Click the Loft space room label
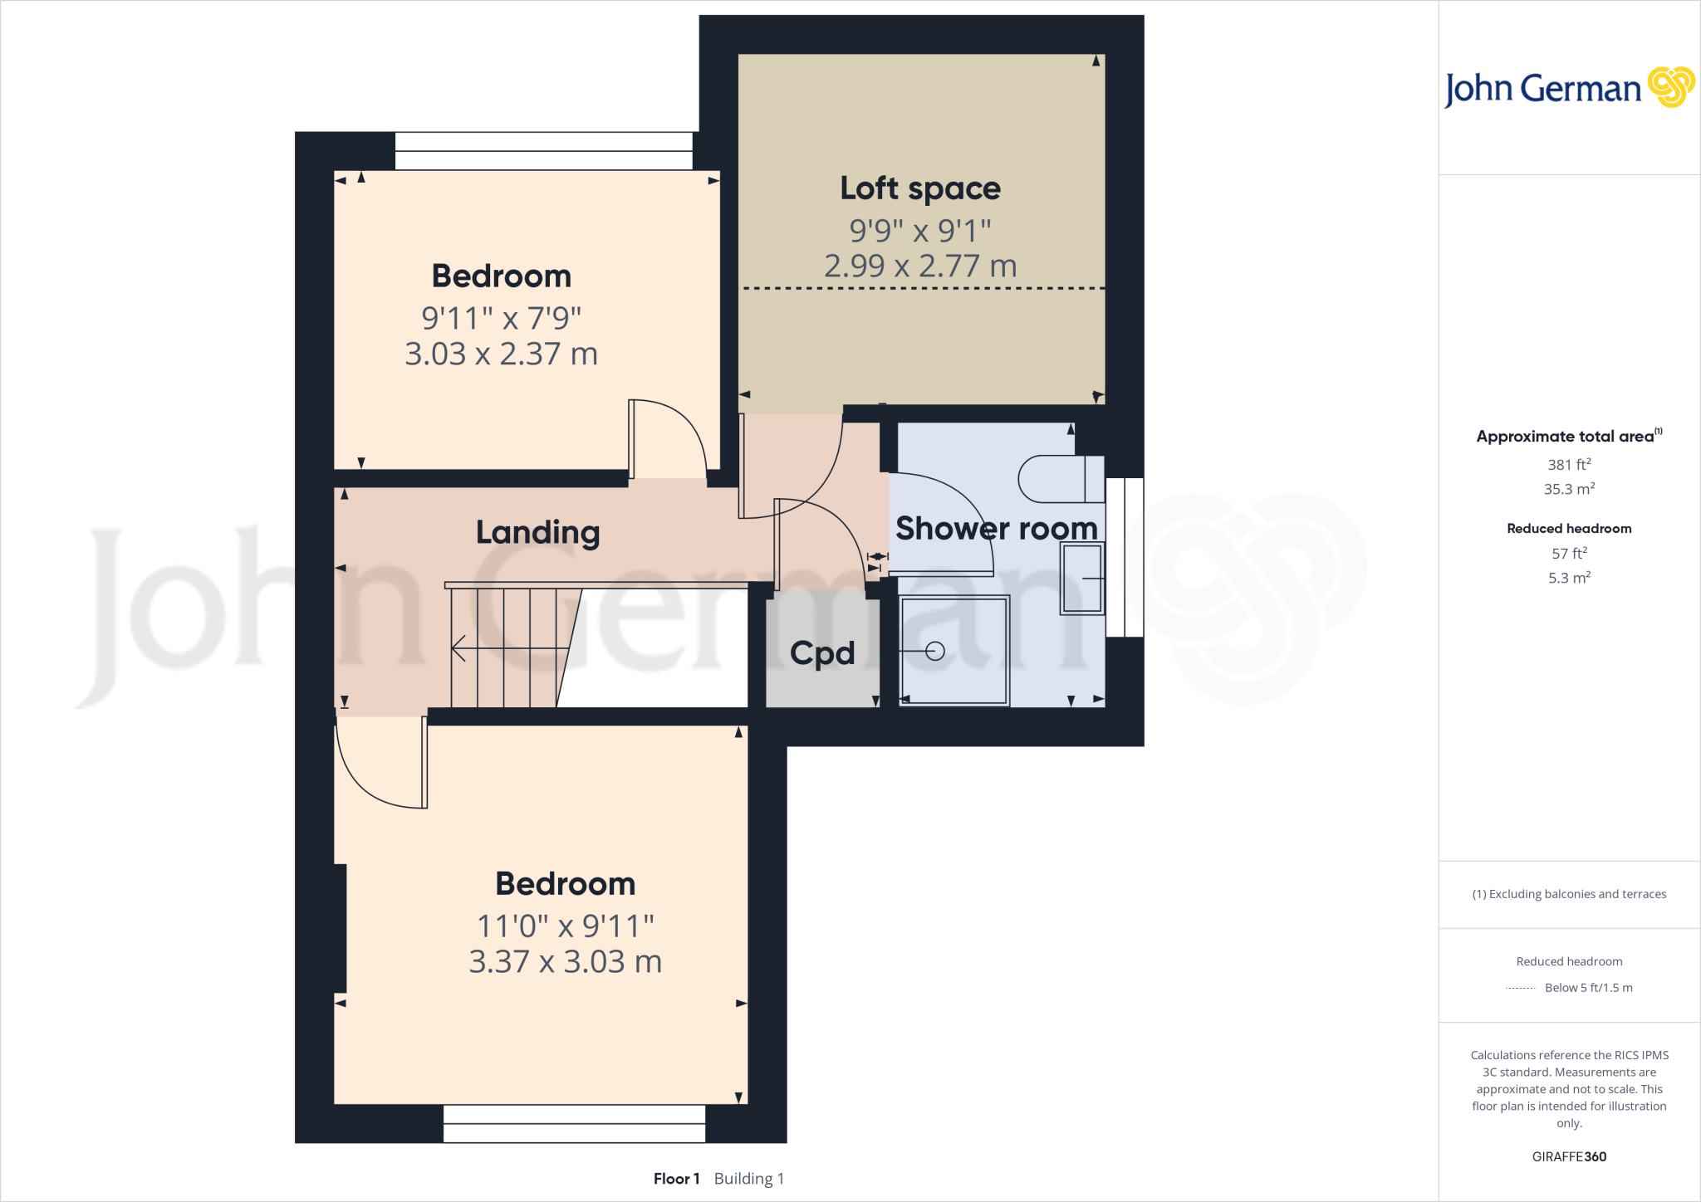pyautogui.click(x=920, y=188)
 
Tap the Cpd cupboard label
pyautogui.click(x=821, y=653)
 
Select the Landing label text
pyautogui.click(x=537, y=532)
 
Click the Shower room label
pyautogui.click(x=996, y=529)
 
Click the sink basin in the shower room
pyautogui.click(x=1082, y=579)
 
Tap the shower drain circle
pyautogui.click(x=935, y=652)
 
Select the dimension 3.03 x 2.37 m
pyautogui.click(x=501, y=354)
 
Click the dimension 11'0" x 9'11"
pyautogui.click(x=566, y=926)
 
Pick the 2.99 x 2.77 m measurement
pyautogui.click(x=920, y=266)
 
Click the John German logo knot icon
pyautogui.click(x=1670, y=87)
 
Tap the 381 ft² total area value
pyautogui.click(x=1569, y=465)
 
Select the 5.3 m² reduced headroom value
pyautogui.click(x=1569, y=578)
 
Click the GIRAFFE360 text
pyautogui.click(x=1569, y=1156)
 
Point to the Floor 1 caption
pyautogui.click(x=676, y=1179)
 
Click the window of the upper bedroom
pyautogui.click(x=543, y=151)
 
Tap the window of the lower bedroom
pyautogui.click(x=574, y=1123)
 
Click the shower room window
pyautogui.click(x=1125, y=557)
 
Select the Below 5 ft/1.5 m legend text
pyautogui.click(x=1588, y=988)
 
